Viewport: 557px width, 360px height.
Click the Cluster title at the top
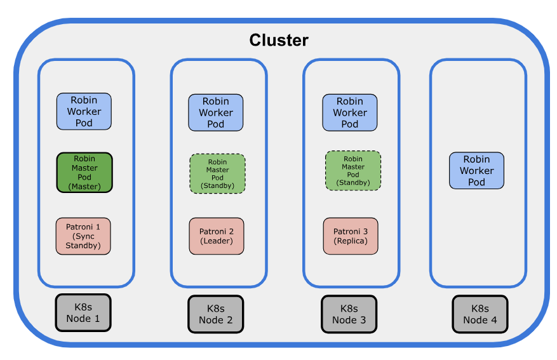click(278, 40)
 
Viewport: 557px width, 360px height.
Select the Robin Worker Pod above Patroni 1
click(84, 112)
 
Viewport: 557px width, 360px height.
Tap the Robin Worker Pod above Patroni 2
click(216, 113)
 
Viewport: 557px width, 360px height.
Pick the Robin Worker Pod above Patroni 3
click(349, 113)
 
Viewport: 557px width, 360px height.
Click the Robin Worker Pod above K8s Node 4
click(476, 170)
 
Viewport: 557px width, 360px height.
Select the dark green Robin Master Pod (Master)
click(84, 173)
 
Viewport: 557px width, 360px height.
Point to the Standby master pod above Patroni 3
click(352, 171)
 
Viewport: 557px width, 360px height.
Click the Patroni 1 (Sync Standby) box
click(83, 236)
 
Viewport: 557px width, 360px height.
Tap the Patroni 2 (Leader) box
click(217, 236)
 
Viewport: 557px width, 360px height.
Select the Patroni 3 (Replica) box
click(350, 236)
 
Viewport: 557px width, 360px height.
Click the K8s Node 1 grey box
click(83, 312)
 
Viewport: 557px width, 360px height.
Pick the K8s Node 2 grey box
click(215, 314)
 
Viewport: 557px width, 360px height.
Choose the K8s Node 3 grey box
click(349, 314)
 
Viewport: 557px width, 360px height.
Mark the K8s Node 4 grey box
click(480, 314)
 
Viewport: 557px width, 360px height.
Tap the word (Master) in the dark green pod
click(84, 187)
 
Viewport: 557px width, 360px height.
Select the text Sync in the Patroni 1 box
click(83, 236)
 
